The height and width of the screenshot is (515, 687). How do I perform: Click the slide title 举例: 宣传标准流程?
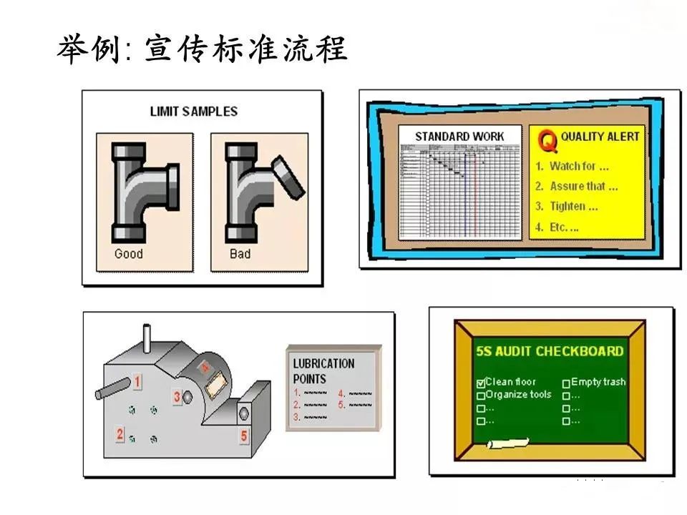coord(203,49)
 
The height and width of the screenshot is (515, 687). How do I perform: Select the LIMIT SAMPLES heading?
coord(193,112)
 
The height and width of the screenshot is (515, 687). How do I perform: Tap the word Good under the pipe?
coord(129,254)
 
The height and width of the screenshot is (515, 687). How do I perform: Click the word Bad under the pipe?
coord(240,254)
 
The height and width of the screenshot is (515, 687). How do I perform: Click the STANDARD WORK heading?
coord(459,136)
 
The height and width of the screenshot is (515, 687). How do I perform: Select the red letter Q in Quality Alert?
coord(547,141)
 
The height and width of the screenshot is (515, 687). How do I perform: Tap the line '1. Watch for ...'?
coord(572,166)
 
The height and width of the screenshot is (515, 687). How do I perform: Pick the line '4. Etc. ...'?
coord(557,227)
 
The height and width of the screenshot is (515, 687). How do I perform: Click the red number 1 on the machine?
coord(137,382)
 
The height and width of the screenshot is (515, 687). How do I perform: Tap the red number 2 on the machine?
coord(120,433)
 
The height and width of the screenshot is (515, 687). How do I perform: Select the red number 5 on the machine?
coord(244,436)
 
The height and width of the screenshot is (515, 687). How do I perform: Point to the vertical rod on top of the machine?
coord(148,338)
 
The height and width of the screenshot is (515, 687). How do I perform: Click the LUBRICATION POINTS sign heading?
coord(323,371)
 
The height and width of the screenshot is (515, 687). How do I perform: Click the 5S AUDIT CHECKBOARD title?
coord(550,351)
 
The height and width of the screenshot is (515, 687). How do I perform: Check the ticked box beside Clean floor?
coord(480,383)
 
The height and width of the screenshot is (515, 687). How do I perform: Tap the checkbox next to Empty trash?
coord(566,383)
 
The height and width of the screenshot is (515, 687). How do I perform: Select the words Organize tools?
coord(519,394)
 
